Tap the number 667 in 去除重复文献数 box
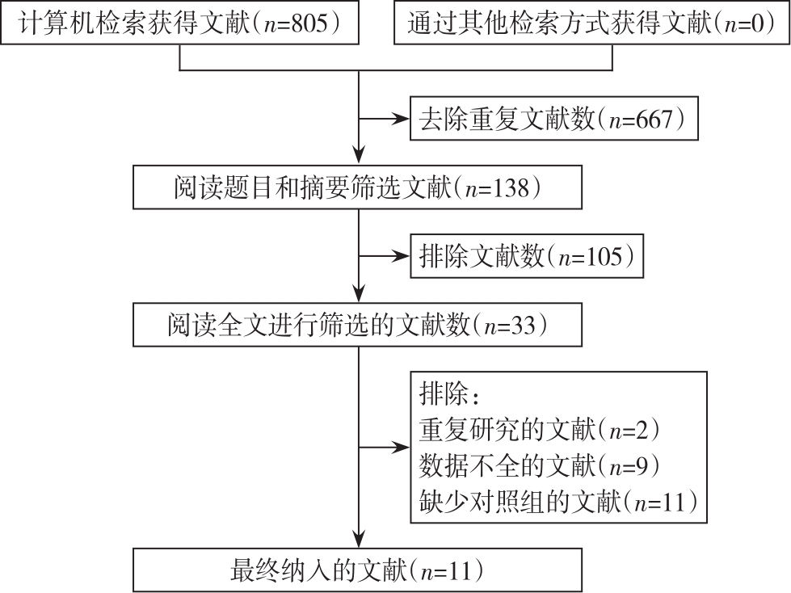click(x=654, y=119)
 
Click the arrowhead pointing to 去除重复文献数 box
click(x=401, y=119)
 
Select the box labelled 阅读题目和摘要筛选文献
click(x=357, y=187)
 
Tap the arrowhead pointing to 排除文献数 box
click(x=401, y=256)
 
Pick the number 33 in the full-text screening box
click(x=523, y=326)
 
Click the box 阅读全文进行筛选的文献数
click(x=357, y=325)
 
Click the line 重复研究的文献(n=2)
click(x=539, y=429)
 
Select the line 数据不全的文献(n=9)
click(x=539, y=465)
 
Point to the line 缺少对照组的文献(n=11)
click(x=558, y=502)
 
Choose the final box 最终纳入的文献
click(x=357, y=570)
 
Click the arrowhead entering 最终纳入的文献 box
click(x=359, y=540)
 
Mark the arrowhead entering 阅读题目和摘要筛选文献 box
click(x=359, y=157)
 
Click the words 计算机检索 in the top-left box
click(x=82, y=23)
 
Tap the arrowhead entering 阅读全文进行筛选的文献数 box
click(x=359, y=294)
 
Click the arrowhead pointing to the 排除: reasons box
click(x=401, y=448)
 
